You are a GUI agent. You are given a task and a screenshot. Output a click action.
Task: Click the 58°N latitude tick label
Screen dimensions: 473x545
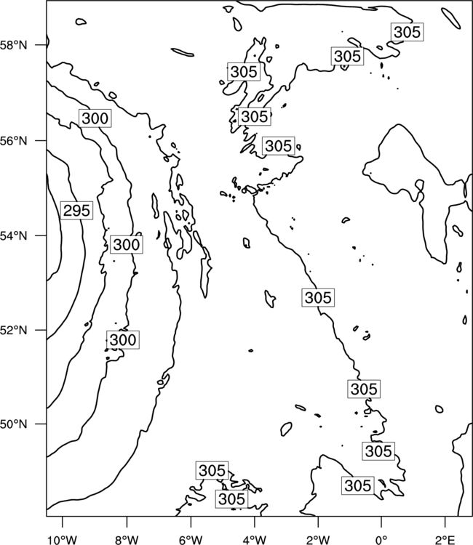coord(14,45)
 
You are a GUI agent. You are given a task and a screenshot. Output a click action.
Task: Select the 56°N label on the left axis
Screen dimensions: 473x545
coord(14,141)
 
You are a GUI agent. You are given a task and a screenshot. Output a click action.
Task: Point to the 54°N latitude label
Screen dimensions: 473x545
coord(14,235)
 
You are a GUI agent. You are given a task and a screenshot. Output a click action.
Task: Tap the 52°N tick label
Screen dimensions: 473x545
coord(14,330)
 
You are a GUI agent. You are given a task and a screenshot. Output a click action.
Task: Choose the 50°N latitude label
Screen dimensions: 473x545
coord(14,424)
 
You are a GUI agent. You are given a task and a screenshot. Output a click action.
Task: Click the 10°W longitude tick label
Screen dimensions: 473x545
coord(63,540)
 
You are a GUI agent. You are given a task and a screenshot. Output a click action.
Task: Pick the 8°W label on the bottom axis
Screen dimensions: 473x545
coord(127,540)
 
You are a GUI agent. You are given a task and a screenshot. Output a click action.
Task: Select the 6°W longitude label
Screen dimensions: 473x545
coord(191,540)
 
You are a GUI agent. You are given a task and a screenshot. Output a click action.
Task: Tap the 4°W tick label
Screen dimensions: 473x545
coord(255,540)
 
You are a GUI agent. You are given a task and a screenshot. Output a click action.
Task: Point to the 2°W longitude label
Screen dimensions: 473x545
coord(318,540)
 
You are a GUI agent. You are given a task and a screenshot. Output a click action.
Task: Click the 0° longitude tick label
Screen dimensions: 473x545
coord(381,540)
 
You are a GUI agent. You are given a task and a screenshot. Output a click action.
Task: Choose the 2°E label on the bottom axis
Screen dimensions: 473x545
coord(445,540)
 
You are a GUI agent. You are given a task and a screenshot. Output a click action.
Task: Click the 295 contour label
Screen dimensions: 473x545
coord(77,210)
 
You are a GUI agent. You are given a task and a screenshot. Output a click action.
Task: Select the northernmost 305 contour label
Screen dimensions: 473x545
coord(408,32)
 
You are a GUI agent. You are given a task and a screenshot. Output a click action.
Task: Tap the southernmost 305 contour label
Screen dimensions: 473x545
coord(232,499)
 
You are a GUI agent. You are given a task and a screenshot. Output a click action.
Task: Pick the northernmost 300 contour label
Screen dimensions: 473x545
coord(95,118)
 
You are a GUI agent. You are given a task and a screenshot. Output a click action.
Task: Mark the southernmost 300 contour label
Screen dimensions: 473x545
coord(123,339)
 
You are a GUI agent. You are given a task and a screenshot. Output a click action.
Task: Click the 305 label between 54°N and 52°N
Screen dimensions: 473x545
coord(318,297)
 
